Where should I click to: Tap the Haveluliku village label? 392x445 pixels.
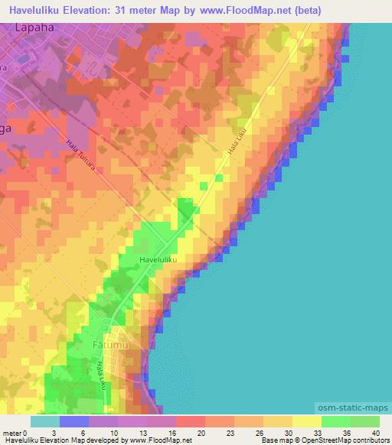158,261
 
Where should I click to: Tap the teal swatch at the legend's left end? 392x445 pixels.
45,422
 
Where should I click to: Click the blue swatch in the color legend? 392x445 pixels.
74,422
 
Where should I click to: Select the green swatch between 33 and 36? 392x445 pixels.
335,422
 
